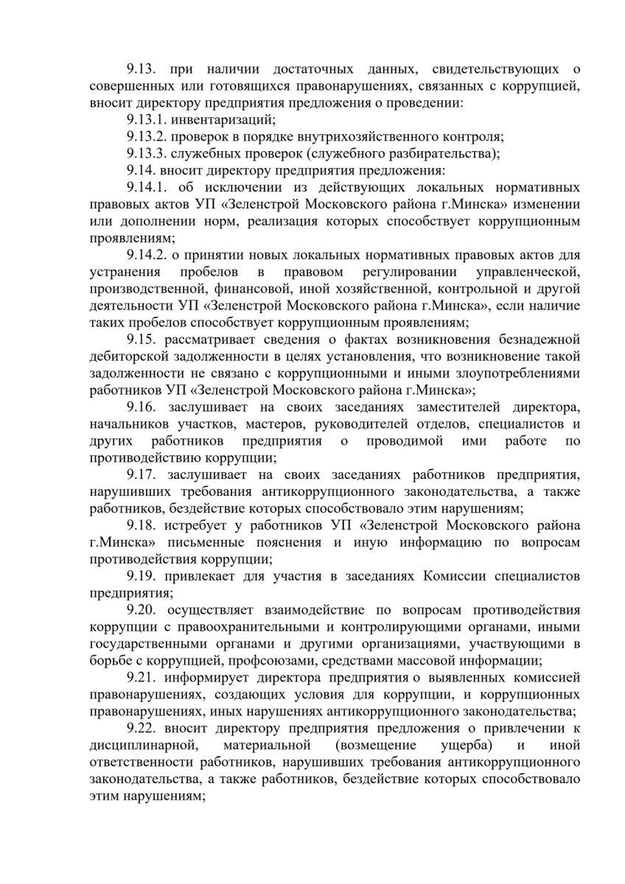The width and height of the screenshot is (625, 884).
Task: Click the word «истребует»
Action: tap(200, 526)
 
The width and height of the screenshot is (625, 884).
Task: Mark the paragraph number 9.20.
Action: tap(142, 611)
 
